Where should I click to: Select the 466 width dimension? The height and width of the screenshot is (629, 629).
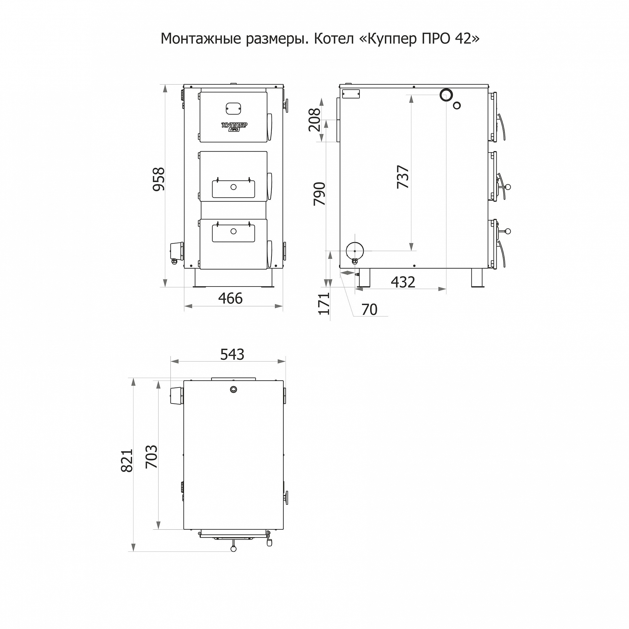(x=230, y=298)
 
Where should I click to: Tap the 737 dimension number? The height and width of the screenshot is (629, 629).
(x=403, y=177)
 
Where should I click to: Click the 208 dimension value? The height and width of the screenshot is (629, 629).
(x=314, y=120)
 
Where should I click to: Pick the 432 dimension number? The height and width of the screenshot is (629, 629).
(x=403, y=282)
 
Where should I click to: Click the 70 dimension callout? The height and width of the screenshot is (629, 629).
(x=370, y=309)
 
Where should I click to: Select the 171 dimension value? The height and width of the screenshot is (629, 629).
(x=324, y=303)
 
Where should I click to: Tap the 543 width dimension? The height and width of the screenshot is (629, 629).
(x=232, y=354)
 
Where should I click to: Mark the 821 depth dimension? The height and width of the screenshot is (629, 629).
(x=127, y=460)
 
